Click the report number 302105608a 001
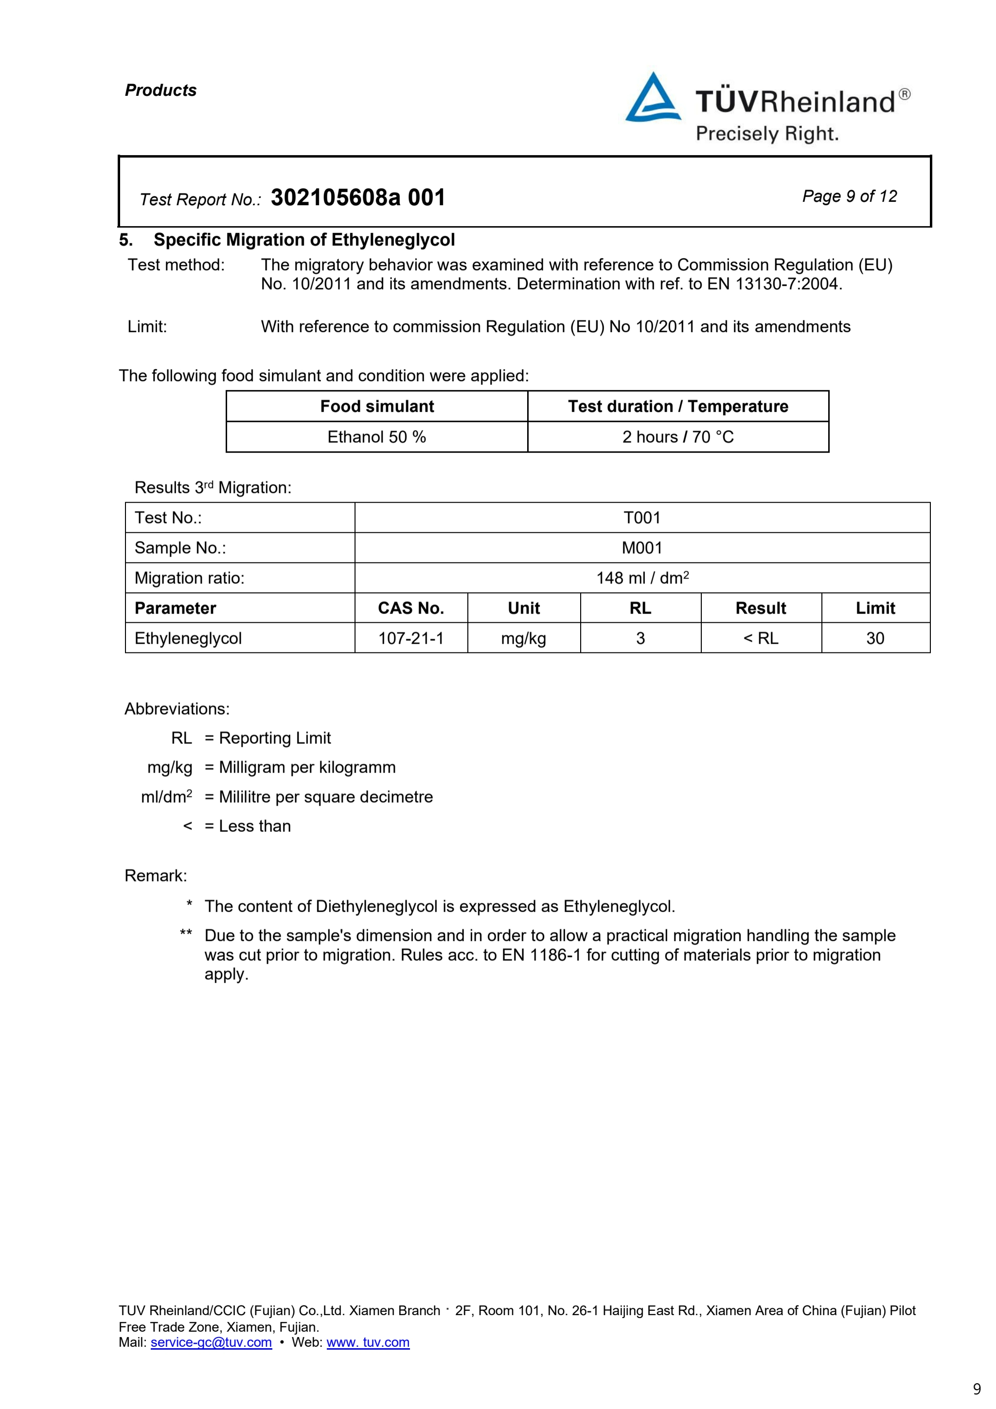click(x=358, y=197)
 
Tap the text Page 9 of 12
click(x=849, y=196)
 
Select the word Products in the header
click(x=161, y=90)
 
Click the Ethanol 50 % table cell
click(x=376, y=437)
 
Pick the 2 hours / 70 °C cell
click(x=677, y=437)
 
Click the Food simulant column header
click(x=376, y=406)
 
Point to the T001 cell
click(x=642, y=518)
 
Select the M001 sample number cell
click(x=642, y=548)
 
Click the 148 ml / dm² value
click(x=642, y=578)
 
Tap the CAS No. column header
click(x=410, y=608)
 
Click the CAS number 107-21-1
click(x=410, y=638)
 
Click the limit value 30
click(x=875, y=638)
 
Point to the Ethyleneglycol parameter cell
click(x=188, y=638)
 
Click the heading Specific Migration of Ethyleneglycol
click(x=304, y=240)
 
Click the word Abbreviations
click(x=177, y=709)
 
